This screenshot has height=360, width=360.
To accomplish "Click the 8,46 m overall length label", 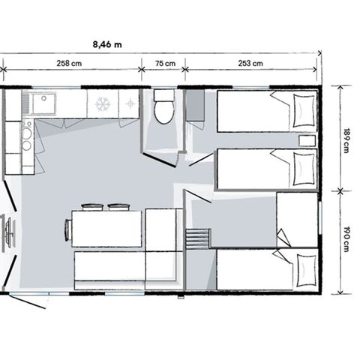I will [x=108, y=44].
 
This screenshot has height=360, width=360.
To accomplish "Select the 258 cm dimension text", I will [x=69, y=64].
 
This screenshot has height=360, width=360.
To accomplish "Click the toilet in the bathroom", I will [x=163, y=110].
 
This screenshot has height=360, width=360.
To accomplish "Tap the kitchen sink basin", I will [x=43, y=103].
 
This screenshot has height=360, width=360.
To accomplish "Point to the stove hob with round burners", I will [x=25, y=136].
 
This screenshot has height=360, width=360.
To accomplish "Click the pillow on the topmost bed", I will [x=304, y=109].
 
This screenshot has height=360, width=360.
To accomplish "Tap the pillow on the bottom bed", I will [x=304, y=268].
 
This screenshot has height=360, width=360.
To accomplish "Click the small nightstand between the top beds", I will [x=306, y=140].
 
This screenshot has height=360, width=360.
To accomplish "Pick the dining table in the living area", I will [x=106, y=228].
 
